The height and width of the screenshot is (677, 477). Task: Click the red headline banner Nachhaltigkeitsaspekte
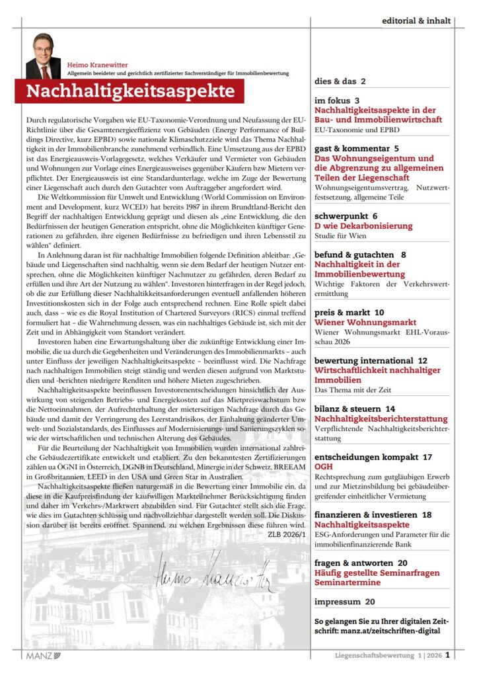click(130, 91)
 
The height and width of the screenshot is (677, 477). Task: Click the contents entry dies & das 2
click(340, 81)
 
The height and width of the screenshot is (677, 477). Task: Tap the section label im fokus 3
click(337, 100)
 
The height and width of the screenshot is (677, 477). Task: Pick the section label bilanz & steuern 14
click(355, 409)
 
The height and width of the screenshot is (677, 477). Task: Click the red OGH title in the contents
click(324, 467)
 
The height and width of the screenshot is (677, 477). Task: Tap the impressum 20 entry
click(344, 602)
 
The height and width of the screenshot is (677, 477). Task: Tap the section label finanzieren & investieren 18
click(373, 514)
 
